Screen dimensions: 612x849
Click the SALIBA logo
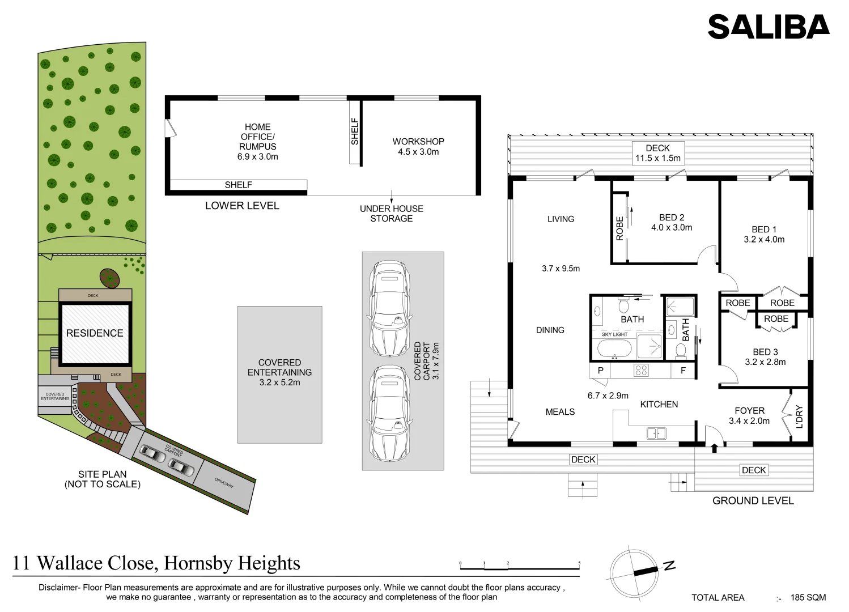pyautogui.click(x=768, y=27)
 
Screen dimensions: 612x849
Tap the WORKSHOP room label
pyautogui.click(x=418, y=142)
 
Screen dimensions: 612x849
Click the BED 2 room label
pyautogui.click(x=672, y=218)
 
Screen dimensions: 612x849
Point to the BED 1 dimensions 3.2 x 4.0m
pyautogui.click(x=764, y=240)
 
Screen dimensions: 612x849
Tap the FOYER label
pyautogui.click(x=749, y=411)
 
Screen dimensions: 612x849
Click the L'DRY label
pyautogui.click(x=799, y=416)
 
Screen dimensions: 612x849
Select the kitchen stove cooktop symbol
pyautogui.click(x=641, y=371)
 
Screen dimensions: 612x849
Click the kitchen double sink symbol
pyautogui.click(x=656, y=433)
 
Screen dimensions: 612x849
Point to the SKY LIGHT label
pyautogui.click(x=614, y=334)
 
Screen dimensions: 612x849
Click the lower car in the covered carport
pyautogui.click(x=389, y=414)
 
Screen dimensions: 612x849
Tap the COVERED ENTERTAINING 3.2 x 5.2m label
pyautogui.click(x=279, y=372)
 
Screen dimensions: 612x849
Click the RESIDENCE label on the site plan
pyautogui.click(x=95, y=333)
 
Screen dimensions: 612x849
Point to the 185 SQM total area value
pyautogui.click(x=808, y=597)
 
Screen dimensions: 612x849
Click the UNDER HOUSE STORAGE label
pyautogui.click(x=391, y=214)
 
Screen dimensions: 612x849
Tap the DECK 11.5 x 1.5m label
pyautogui.click(x=657, y=153)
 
